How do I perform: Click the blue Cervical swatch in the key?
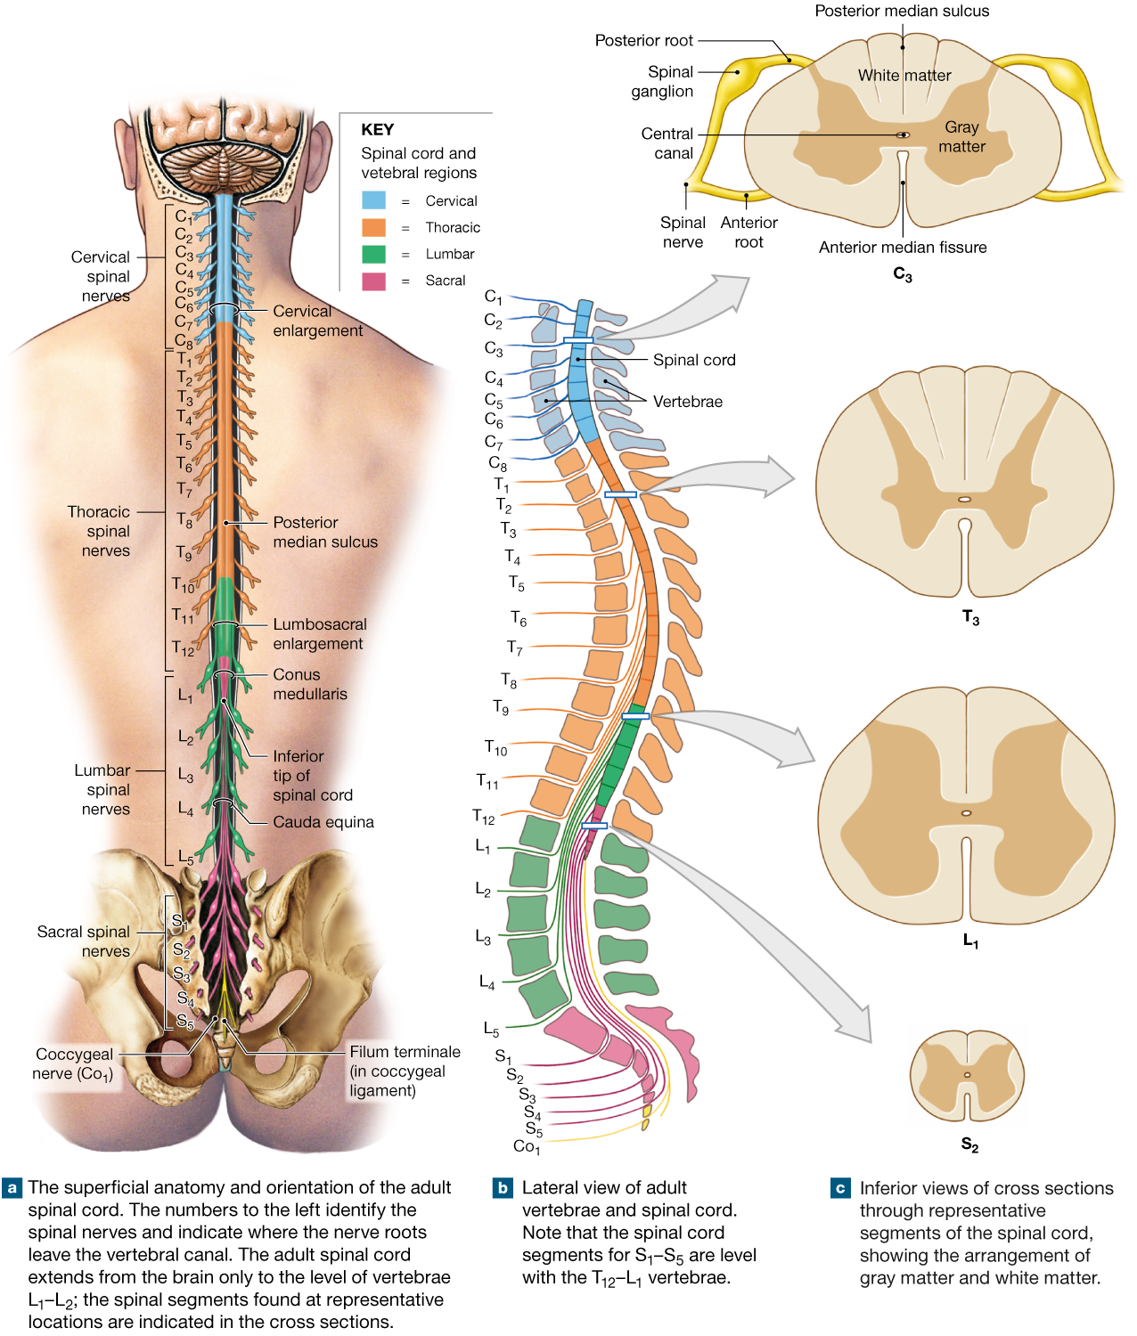pyautogui.click(x=373, y=200)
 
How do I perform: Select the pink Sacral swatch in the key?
pyautogui.click(x=373, y=281)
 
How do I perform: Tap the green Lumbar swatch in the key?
pyautogui.click(x=373, y=254)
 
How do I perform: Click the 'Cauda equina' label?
pyautogui.click(x=323, y=822)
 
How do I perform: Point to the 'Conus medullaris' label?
pyautogui.click(x=309, y=684)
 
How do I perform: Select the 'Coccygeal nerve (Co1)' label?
pyautogui.click(x=74, y=1063)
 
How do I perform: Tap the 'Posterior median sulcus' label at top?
pyautogui.click(x=902, y=12)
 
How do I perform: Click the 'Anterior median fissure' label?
pyautogui.click(x=903, y=248)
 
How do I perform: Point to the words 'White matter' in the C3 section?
pyautogui.click(x=904, y=76)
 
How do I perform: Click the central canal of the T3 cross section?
pyautogui.click(x=964, y=500)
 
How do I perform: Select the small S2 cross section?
pyautogui.click(x=967, y=1076)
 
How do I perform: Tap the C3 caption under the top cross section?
pyautogui.click(x=903, y=274)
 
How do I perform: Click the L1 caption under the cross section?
pyautogui.click(x=970, y=941)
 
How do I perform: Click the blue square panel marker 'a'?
pyautogui.click(x=12, y=1188)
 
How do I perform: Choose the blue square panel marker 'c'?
pyautogui.click(x=840, y=1188)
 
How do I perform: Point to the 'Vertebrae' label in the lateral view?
pyautogui.click(x=687, y=402)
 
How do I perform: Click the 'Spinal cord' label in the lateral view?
pyautogui.click(x=694, y=360)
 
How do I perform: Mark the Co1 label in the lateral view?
pyautogui.click(x=526, y=1146)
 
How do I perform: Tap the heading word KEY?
pyautogui.click(x=377, y=129)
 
